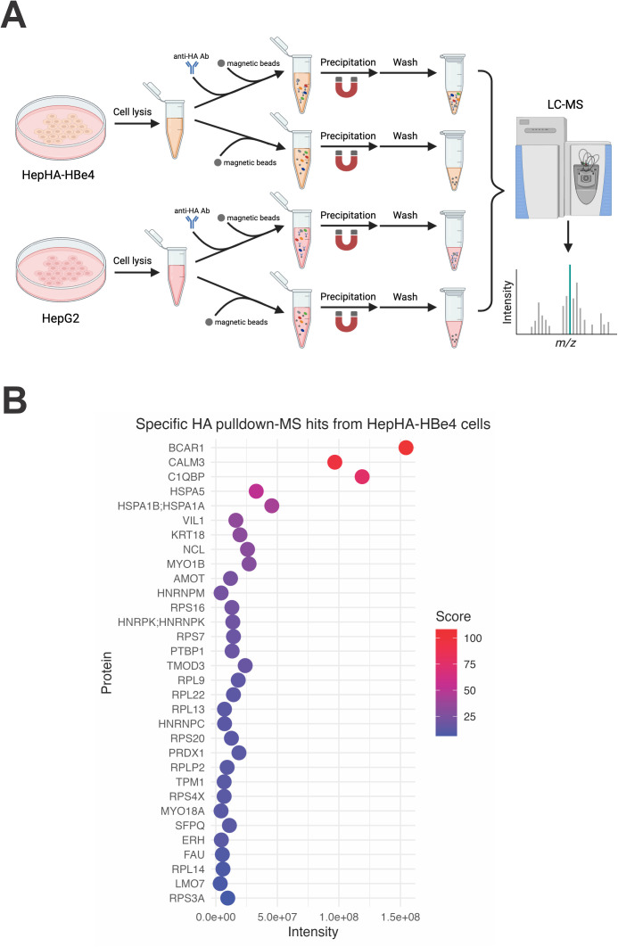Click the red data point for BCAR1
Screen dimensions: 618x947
406,448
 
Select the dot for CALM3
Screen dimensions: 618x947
334,462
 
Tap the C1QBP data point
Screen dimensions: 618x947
362,476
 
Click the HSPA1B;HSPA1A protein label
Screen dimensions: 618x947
161,506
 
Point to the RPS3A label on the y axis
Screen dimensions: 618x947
186,898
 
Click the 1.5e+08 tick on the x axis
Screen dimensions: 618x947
400,917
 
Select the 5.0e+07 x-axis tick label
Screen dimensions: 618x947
277,917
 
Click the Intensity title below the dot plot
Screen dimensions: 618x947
313,932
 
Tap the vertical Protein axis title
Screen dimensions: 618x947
107,672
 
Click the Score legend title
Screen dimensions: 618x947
453,616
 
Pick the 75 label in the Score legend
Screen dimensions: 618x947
469,664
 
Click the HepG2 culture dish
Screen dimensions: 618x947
61,269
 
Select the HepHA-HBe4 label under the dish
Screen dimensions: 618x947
58,175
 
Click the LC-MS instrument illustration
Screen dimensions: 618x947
564,167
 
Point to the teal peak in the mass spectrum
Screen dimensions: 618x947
570,299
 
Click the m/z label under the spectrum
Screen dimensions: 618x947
565,343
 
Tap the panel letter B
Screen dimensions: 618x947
14,399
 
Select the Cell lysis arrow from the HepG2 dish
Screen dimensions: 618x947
136,272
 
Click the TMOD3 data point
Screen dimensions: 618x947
244,665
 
